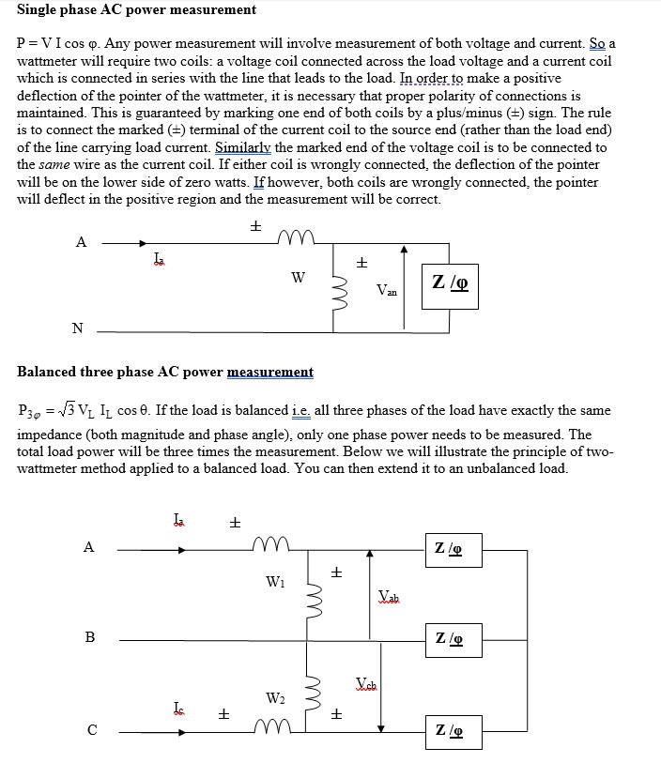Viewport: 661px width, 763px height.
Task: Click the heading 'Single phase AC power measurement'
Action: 137,9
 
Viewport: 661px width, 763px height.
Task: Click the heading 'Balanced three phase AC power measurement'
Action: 165,372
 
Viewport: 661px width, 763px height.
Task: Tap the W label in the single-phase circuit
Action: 298,277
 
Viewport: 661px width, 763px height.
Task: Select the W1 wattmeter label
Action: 274,581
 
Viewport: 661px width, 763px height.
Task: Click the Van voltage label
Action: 386,291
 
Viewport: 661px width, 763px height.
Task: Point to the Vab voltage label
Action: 389,596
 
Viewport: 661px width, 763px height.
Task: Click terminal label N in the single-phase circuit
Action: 77,328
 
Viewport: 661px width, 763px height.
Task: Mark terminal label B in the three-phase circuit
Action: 90,637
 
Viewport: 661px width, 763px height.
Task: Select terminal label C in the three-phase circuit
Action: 90,728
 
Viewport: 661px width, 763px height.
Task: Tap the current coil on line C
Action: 272,725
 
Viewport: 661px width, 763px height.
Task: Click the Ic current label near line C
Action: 178,705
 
